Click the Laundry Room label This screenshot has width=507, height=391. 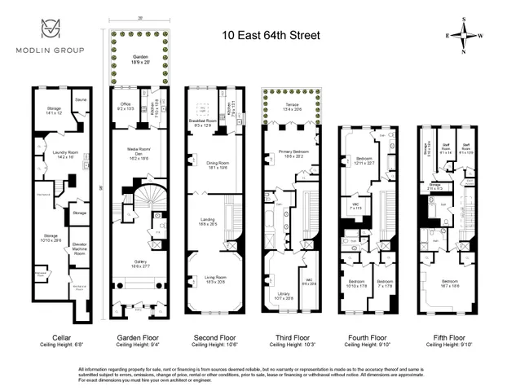tap(50, 152)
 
